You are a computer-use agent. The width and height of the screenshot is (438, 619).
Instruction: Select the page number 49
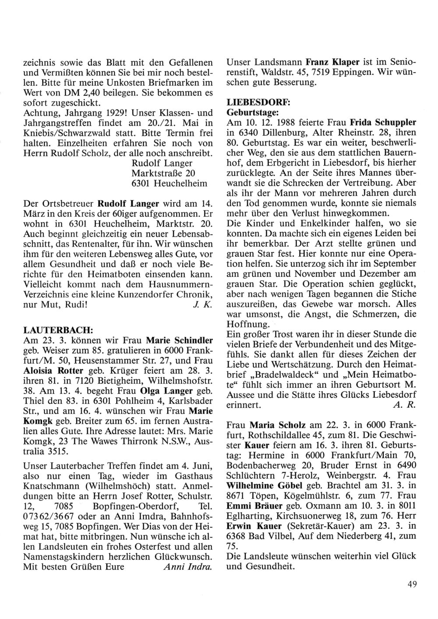[x=411, y=584]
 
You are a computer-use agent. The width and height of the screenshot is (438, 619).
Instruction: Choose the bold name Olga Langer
[x=166, y=391]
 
